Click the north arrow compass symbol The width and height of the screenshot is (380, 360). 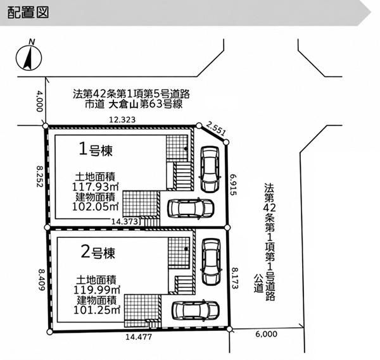pos(29,58)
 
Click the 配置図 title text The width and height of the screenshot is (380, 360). pos(28,13)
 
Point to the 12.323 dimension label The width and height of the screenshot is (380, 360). pos(122,120)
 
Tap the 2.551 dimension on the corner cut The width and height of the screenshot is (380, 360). pos(216,128)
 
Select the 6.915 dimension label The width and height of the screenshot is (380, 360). pos(233,185)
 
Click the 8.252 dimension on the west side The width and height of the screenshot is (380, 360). pos(40,177)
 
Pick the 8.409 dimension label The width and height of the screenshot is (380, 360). pos(41,280)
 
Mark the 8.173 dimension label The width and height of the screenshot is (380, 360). pos(235,278)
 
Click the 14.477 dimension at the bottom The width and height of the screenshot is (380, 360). pos(139,337)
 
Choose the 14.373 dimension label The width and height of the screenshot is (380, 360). pos(125,221)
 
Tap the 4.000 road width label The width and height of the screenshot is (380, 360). pos(39,101)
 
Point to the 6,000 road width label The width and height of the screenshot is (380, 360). pos(267,334)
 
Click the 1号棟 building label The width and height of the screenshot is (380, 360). pos(96,149)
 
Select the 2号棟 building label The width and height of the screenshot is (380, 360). pos(98,252)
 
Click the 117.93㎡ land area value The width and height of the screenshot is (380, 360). pos(95,187)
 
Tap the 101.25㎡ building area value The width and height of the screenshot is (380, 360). pos(97,310)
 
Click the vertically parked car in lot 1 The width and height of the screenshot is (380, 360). pos(210,169)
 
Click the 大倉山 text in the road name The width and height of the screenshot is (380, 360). pos(123,104)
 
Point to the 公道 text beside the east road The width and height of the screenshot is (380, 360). pos(258,283)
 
